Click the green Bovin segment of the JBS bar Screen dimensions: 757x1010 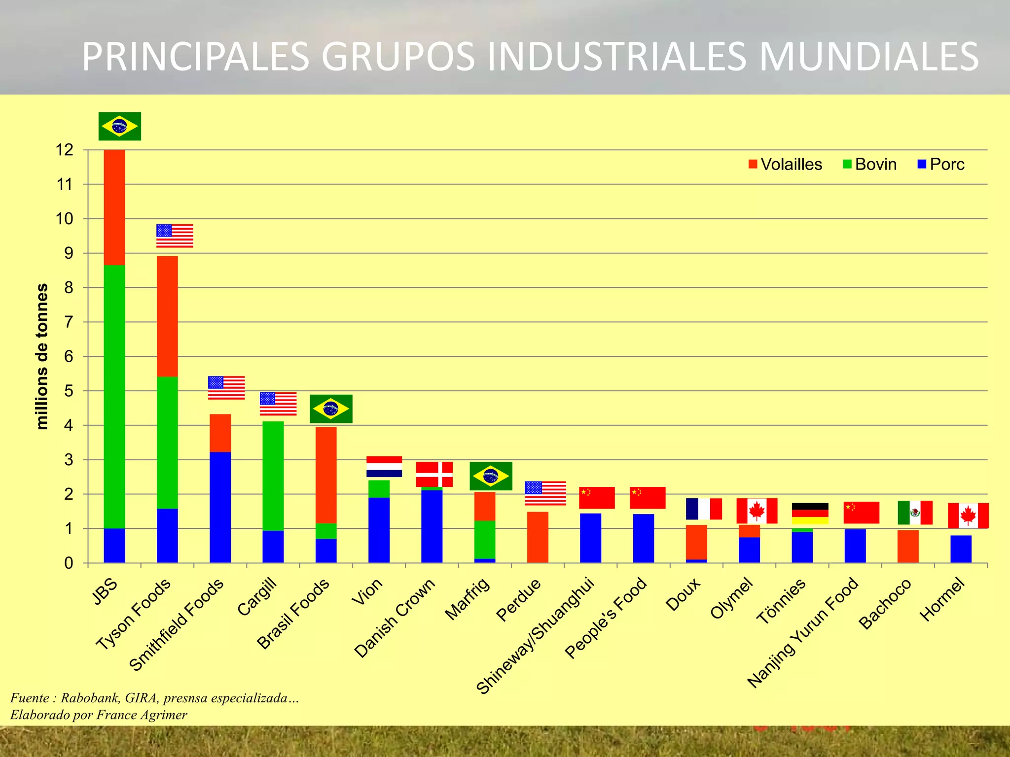pos(114,394)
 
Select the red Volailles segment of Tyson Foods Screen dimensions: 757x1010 pos(167,315)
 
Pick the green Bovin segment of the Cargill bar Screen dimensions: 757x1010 pos(273,476)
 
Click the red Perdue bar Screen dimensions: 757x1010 pos(538,537)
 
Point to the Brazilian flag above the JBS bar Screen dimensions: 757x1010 pos(120,126)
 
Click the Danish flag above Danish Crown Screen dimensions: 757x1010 pos(434,474)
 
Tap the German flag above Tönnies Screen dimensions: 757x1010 pos(810,513)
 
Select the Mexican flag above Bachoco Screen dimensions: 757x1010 pos(915,513)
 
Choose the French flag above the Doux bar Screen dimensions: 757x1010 pos(704,509)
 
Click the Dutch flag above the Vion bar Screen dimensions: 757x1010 pos(384,466)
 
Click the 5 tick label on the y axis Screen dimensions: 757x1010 pos(68,391)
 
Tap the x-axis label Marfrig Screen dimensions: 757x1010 pos(468,598)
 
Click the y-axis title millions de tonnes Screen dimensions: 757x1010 pos(42,356)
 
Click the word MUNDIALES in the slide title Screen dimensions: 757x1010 pos(868,57)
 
